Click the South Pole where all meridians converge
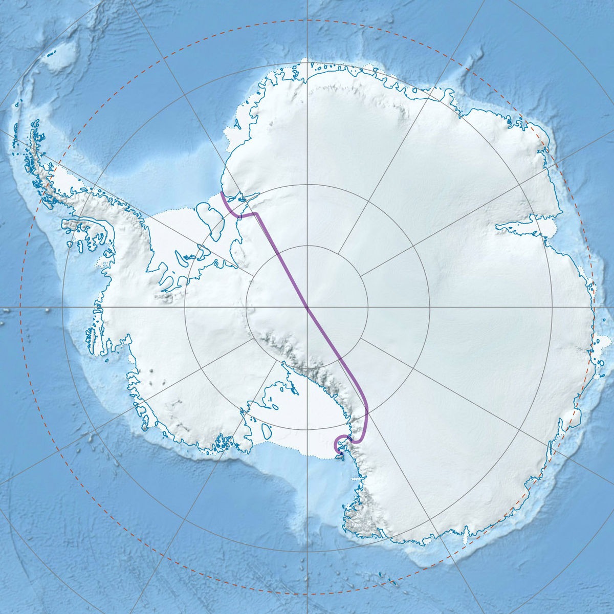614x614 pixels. [307, 308]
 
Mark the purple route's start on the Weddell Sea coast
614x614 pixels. [221, 193]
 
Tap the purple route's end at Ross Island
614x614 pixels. [341, 453]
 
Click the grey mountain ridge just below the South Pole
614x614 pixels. [287, 353]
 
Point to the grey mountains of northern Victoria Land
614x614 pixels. [358, 522]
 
